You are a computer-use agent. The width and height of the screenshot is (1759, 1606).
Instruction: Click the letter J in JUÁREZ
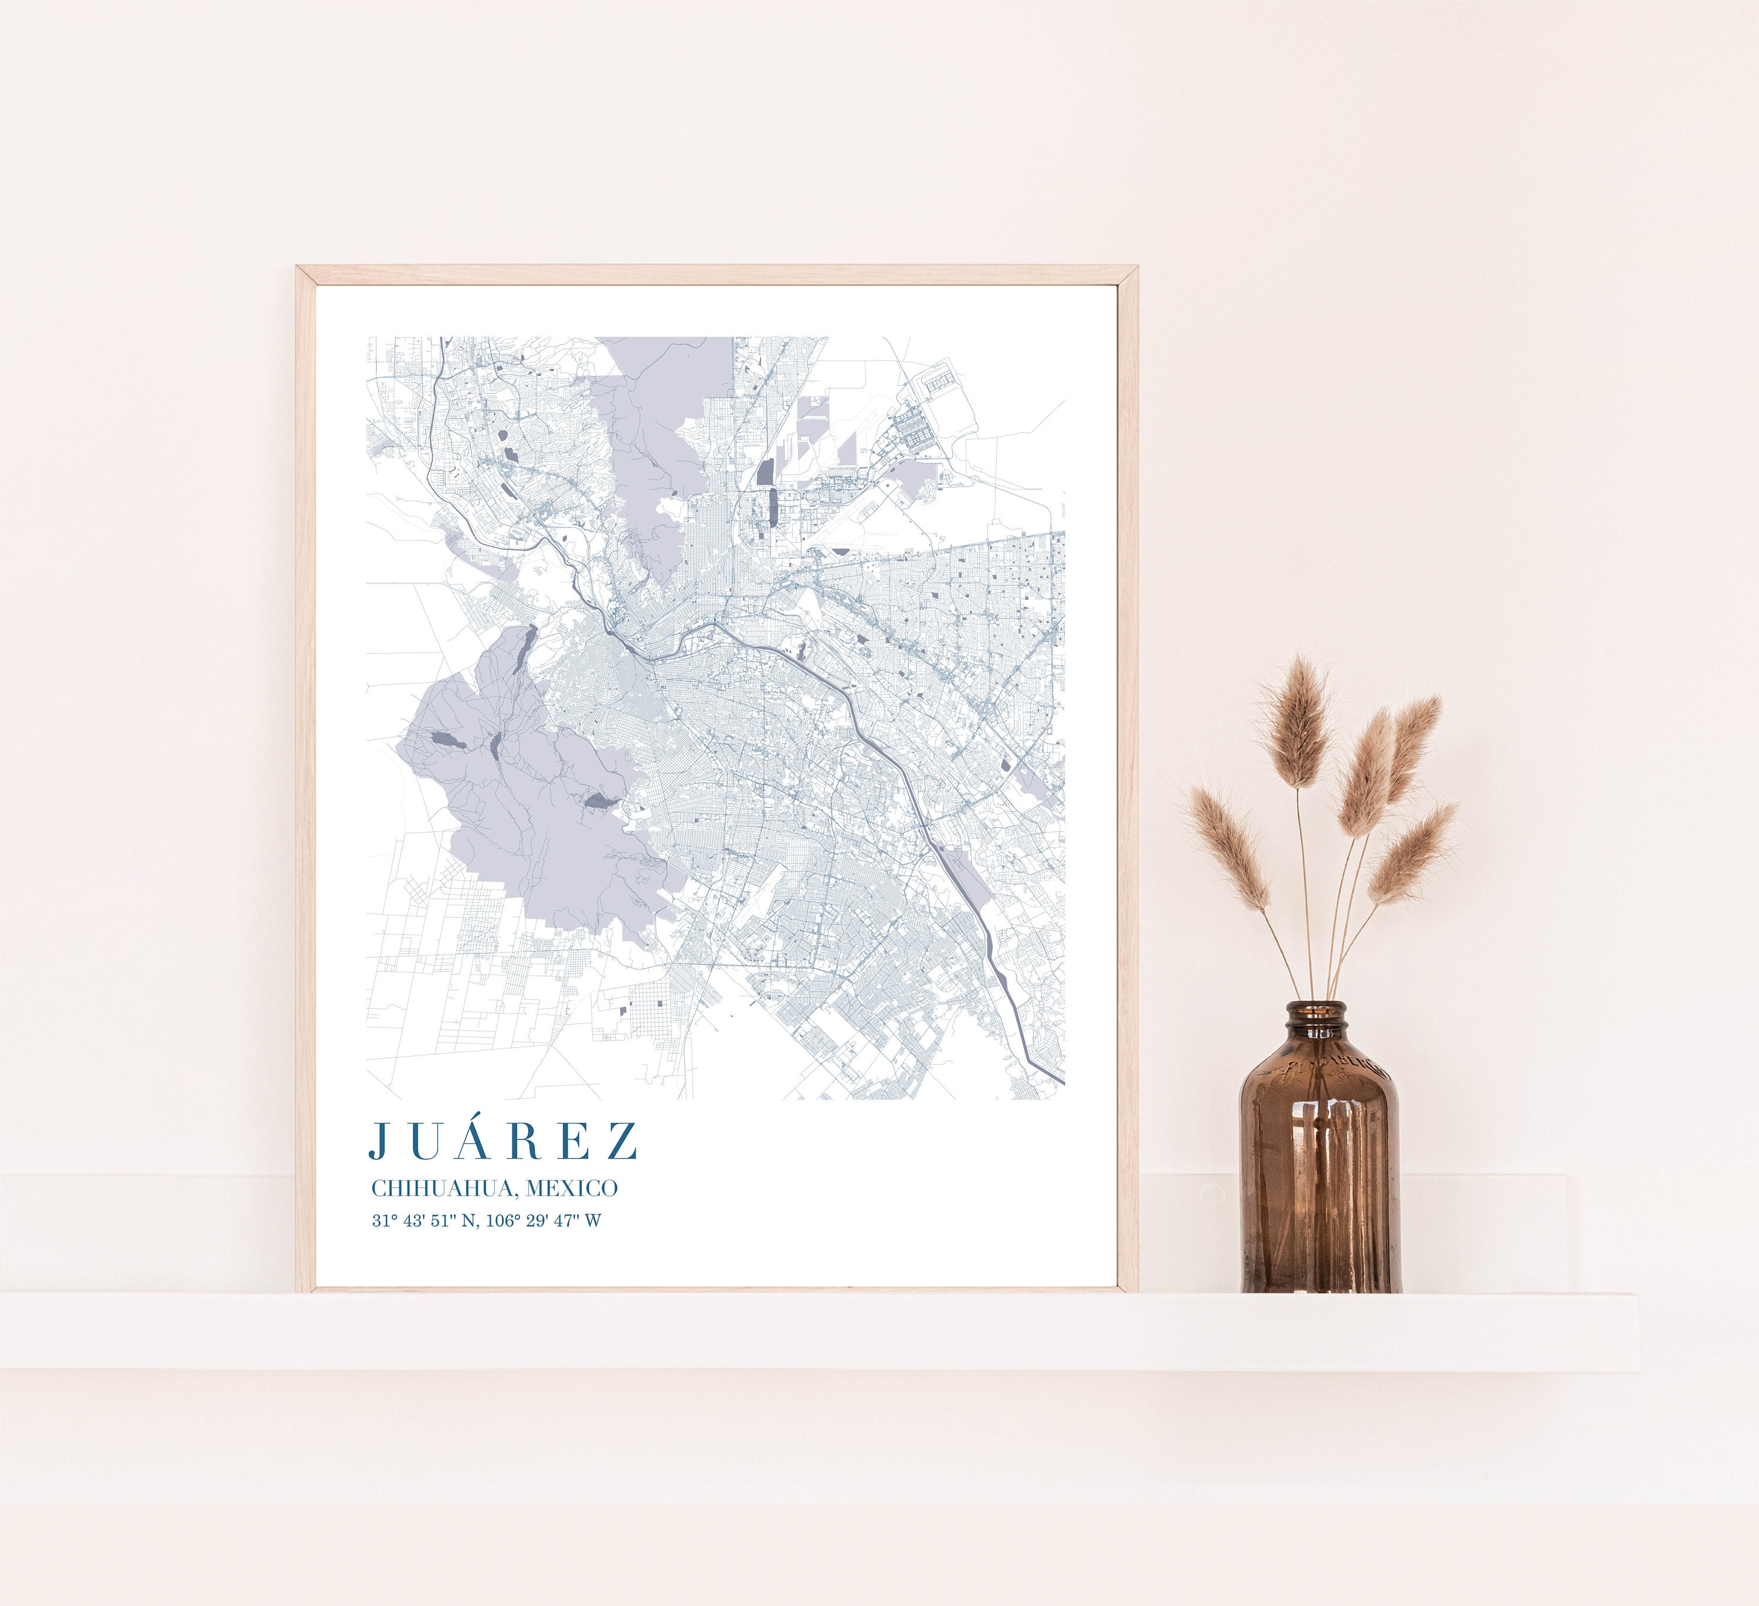[x=378, y=1140]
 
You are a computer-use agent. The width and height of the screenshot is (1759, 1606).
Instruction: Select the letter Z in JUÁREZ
[x=622, y=1140]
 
